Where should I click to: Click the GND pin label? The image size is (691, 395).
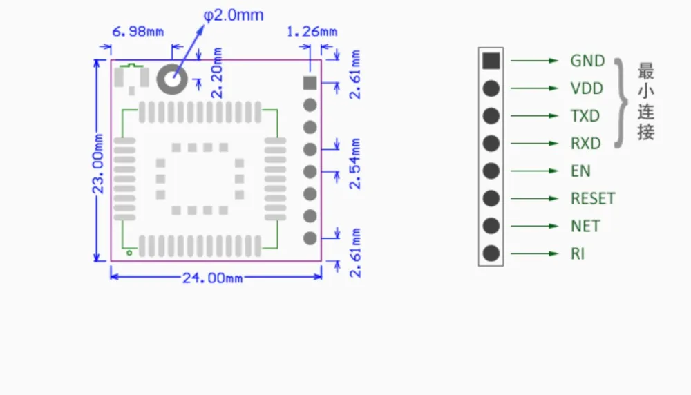(587, 61)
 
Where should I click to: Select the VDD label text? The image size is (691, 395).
(587, 88)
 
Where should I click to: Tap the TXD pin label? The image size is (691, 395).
(585, 116)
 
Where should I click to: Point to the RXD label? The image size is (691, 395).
(586, 144)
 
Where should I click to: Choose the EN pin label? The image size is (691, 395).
(580, 171)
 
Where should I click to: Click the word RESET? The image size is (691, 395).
(593, 199)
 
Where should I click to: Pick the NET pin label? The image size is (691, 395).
(585, 226)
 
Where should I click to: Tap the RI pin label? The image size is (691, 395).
(577, 253)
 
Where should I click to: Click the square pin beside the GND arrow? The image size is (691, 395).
(491, 61)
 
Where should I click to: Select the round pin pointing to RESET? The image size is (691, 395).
(491, 199)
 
